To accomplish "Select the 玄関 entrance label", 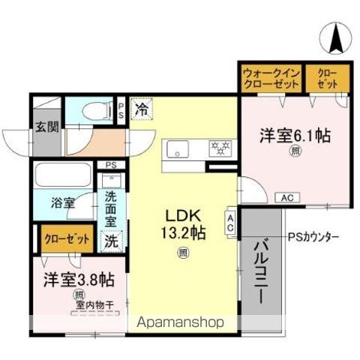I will coord(46,127).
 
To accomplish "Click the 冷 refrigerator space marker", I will coord(141,109).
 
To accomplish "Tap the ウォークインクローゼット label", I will coord(271,77).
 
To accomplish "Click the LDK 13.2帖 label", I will coord(181,222).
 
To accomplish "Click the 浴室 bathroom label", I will coord(62,202).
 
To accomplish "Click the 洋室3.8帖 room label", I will coord(78,280).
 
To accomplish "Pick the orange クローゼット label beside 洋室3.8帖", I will coord(65,240).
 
